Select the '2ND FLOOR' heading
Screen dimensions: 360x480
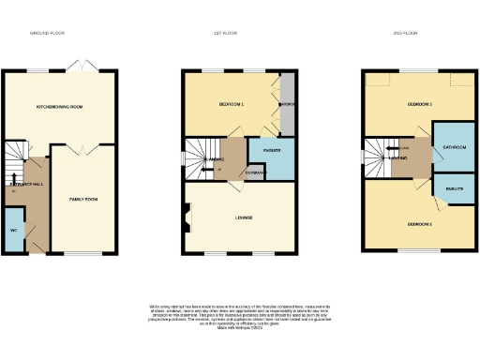(403, 33)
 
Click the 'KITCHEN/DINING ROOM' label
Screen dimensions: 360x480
(59, 107)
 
